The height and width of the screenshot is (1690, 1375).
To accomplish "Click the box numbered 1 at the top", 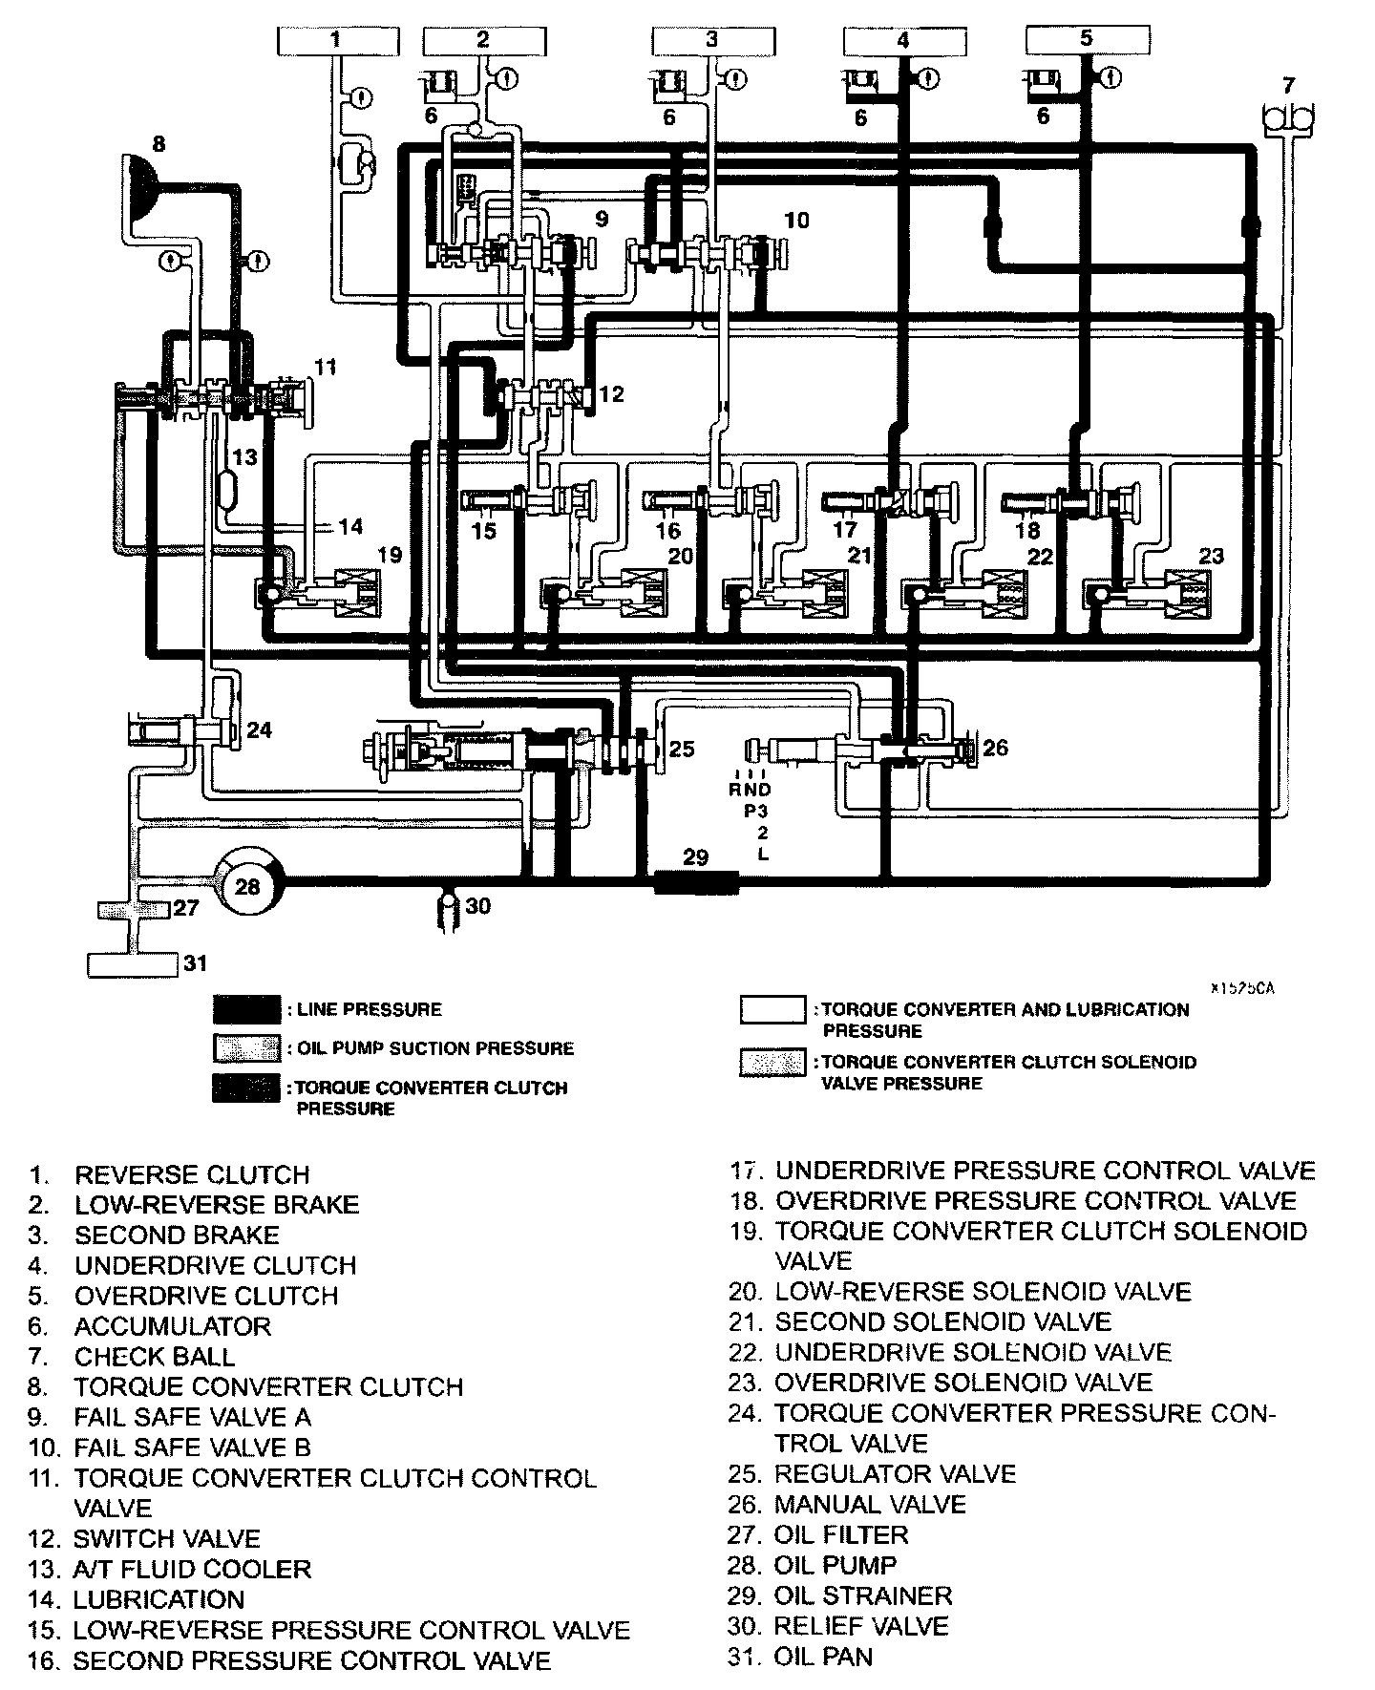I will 334,40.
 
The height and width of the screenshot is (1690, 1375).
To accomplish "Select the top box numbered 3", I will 711,40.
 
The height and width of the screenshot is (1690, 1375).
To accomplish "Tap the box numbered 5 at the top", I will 1086,39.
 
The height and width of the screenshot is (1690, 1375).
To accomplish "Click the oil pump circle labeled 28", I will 247,886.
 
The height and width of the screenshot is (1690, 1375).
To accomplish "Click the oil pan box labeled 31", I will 133,964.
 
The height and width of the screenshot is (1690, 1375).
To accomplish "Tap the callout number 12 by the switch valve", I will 611,392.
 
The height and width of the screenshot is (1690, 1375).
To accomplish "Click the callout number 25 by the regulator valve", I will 681,749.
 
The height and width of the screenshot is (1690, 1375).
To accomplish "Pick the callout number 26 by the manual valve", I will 995,747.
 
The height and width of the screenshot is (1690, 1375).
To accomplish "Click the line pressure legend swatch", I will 246,1009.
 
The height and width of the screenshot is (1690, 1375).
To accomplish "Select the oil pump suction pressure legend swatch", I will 246,1047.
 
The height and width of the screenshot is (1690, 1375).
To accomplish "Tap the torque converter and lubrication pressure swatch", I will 772,1009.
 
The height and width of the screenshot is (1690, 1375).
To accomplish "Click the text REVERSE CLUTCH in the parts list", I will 192,1174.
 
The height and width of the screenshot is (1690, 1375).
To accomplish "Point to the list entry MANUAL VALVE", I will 870,1505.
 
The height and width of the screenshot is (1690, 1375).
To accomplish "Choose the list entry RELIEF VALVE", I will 861,1626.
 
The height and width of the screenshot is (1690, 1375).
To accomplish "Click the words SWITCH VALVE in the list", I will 166,1538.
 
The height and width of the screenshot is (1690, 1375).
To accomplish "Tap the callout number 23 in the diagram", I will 1211,555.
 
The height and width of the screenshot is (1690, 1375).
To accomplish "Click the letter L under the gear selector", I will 763,855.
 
